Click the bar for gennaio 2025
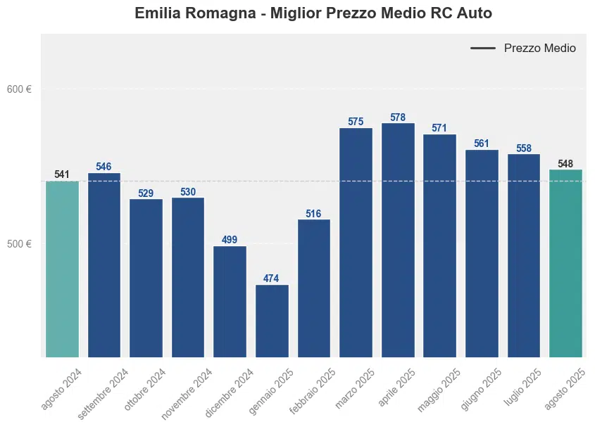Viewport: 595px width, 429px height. (x=272, y=321)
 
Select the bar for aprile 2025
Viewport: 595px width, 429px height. (x=398, y=240)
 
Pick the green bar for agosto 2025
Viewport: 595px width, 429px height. (x=565, y=263)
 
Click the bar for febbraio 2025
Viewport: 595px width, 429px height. (x=313, y=288)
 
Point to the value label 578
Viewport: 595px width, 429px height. (x=398, y=117)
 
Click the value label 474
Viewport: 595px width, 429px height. (x=272, y=278)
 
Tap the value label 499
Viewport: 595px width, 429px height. (x=230, y=240)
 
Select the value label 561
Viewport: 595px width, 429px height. (x=482, y=143)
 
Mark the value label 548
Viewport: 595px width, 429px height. (x=565, y=164)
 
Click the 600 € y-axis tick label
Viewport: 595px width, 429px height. (x=20, y=89)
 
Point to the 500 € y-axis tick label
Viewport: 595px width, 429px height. (x=20, y=244)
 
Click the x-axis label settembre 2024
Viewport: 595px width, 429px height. (x=104, y=393)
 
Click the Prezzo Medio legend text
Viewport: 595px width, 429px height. (x=540, y=49)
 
